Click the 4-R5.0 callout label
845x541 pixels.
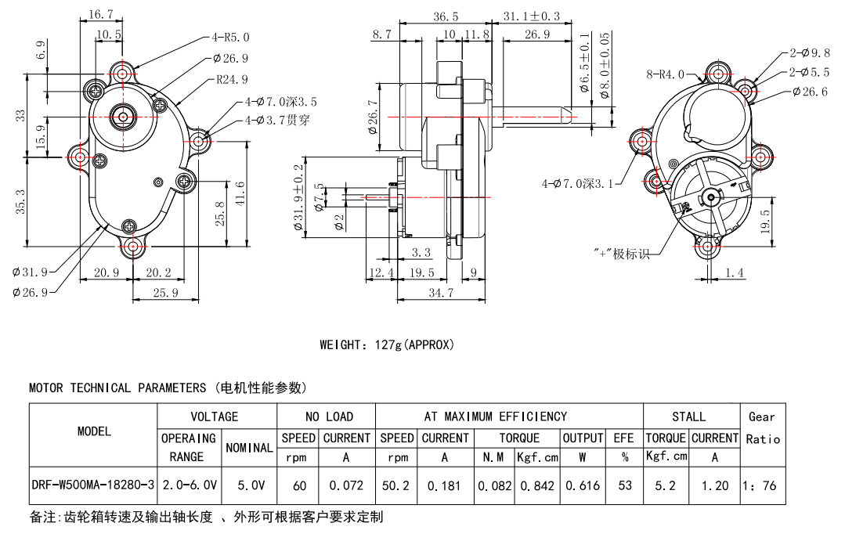point(230,37)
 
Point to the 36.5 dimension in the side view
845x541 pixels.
point(445,16)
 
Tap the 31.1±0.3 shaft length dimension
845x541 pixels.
point(532,16)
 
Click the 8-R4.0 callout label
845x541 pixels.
point(666,74)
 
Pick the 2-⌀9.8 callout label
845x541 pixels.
point(809,53)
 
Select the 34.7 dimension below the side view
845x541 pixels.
point(440,293)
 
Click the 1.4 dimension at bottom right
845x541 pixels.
point(735,272)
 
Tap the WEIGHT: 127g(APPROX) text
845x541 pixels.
point(386,344)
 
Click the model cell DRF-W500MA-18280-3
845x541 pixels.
point(93,485)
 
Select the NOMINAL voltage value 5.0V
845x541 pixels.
point(250,485)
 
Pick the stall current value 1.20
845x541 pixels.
point(714,485)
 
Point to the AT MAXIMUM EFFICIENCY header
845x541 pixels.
point(495,417)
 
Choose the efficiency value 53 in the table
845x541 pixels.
point(624,485)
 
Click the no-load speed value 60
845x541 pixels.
point(299,485)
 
